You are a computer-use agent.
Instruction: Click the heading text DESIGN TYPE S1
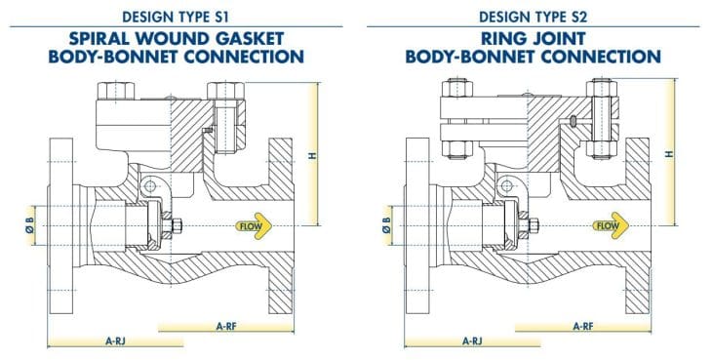(178, 16)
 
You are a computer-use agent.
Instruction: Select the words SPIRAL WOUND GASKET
(178, 38)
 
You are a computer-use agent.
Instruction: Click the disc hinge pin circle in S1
(147, 187)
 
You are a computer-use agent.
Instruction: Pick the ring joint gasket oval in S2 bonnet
(574, 121)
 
